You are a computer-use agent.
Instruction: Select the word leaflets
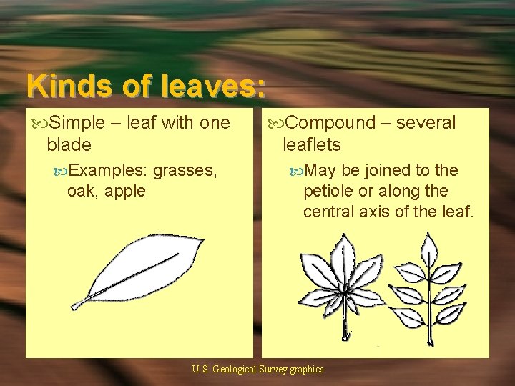(x=313, y=144)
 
